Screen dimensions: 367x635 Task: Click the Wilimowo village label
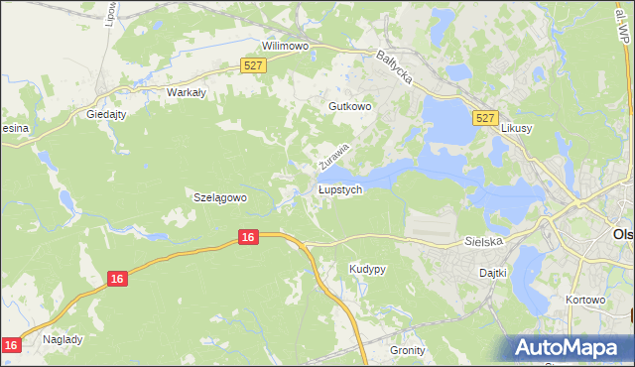pos(286,46)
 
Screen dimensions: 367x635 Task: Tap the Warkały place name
pos(186,92)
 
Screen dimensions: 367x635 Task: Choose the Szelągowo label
pos(219,196)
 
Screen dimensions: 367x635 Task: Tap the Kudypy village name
pos(367,269)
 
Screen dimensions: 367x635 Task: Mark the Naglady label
pos(63,338)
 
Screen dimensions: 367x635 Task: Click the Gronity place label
pos(407,350)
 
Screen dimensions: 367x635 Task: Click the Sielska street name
pos(485,241)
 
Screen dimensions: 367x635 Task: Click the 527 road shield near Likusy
pos(484,118)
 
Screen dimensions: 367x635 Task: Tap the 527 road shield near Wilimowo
pos(253,64)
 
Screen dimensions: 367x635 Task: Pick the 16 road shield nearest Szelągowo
pos(248,236)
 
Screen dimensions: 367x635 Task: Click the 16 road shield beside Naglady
pos(11,344)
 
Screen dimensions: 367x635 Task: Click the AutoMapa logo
pos(569,346)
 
